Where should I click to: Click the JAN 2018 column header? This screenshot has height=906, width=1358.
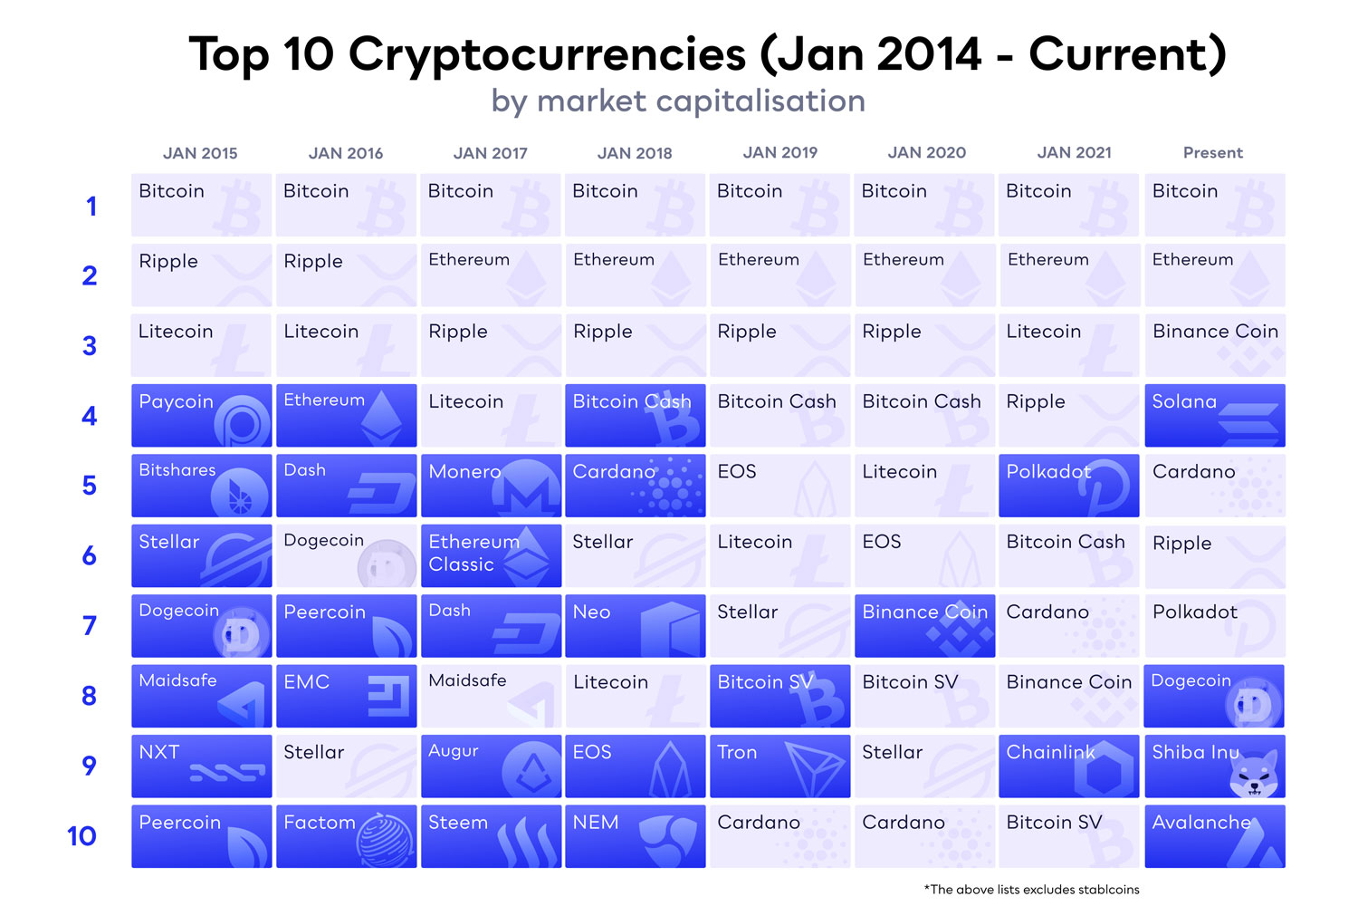click(x=635, y=153)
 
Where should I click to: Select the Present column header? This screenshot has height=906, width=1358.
click(x=1212, y=153)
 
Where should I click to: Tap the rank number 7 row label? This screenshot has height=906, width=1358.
click(x=90, y=626)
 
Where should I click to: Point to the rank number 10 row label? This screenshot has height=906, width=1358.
click(x=82, y=836)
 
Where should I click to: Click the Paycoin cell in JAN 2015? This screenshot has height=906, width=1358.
click(x=201, y=415)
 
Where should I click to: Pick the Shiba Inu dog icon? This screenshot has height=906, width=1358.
click(x=1254, y=776)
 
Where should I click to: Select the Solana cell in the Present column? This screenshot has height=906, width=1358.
click(x=1214, y=415)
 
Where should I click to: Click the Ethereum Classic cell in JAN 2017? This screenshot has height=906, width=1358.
click(x=491, y=555)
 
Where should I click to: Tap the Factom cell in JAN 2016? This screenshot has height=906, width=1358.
click(x=346, y=836)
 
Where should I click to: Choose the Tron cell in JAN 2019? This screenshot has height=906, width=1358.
click(x=779, y=766)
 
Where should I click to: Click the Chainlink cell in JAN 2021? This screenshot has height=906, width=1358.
click(x=1068, y=766)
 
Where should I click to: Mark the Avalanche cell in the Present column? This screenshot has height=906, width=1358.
click(x=1214, y=836)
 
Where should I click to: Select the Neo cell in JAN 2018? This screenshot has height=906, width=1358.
click(x=635, y=625)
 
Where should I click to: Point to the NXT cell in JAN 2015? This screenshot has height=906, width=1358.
click(x=201, y=766)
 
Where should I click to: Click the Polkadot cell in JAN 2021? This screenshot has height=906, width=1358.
click(x=1068, y=485)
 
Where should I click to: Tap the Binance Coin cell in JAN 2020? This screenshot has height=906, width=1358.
click(x=924, y=625)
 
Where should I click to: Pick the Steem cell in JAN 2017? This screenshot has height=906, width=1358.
click(x=491, y=836)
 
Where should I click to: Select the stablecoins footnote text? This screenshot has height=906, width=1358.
click(x=1031, y=890)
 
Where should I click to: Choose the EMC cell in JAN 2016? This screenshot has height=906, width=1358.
click(x=346, y=696)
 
